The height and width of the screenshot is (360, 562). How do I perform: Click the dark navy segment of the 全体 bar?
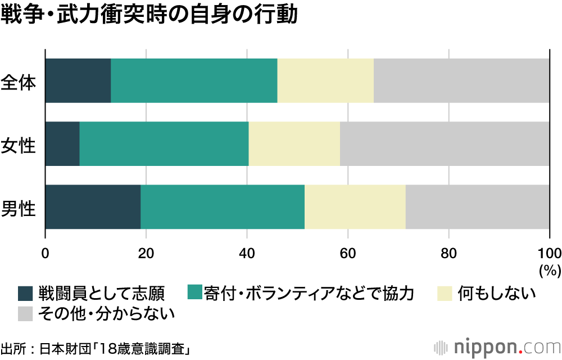tap(78, 80)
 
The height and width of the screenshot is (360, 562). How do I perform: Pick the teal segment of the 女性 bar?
tap(164, 144)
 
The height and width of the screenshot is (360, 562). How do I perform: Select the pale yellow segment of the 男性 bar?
tap(355, 207)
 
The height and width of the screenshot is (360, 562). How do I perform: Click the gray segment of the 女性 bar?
tap(445, 144)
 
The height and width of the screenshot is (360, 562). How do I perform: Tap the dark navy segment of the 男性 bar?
tap(92, 207)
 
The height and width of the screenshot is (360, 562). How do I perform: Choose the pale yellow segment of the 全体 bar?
tap(325, 80)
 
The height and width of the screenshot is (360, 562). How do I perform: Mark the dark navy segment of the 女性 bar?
tap(62, 144)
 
